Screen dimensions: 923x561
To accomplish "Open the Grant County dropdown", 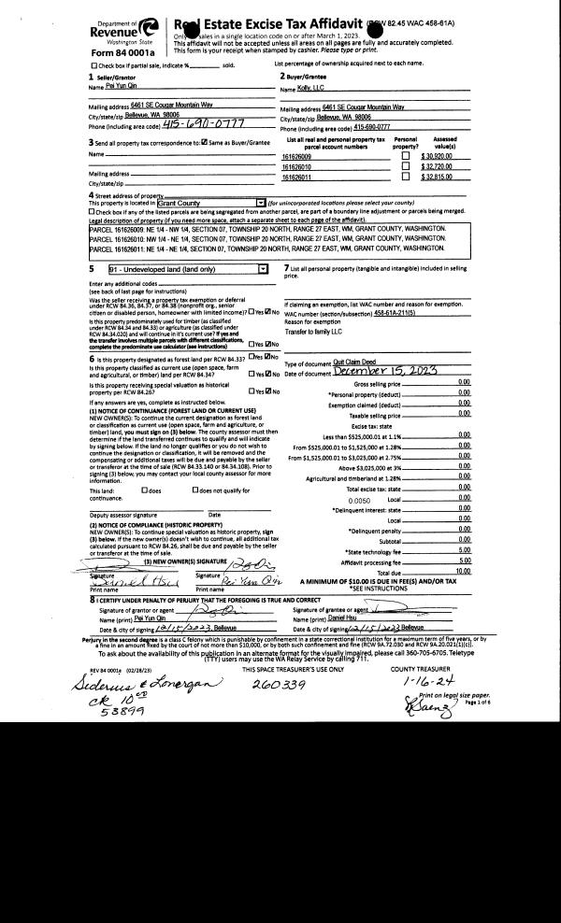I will point(260,202).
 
